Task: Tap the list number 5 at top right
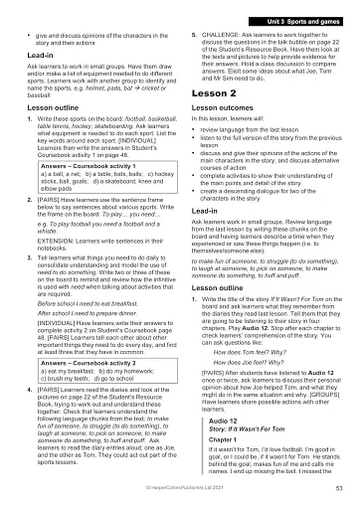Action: coord(192,34)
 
